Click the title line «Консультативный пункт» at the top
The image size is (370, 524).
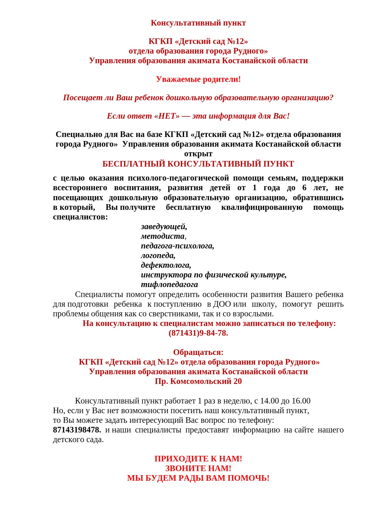198,23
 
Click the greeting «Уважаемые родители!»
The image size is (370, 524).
198,79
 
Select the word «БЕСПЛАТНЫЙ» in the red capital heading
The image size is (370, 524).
134,164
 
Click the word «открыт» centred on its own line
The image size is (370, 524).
198,154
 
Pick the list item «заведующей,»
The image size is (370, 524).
164,227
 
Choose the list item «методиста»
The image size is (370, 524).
163,236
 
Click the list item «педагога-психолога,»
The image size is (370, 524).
177,246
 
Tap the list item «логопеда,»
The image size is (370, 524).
158,256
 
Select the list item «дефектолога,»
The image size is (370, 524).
166,265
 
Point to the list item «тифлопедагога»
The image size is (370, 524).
169,285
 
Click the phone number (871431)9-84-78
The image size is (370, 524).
198,333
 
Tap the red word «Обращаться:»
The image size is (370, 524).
198,352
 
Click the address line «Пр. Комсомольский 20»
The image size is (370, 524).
198,381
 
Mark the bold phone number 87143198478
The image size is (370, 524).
77,430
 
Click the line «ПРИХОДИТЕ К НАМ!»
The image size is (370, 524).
198,459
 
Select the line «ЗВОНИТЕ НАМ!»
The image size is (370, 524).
198,469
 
